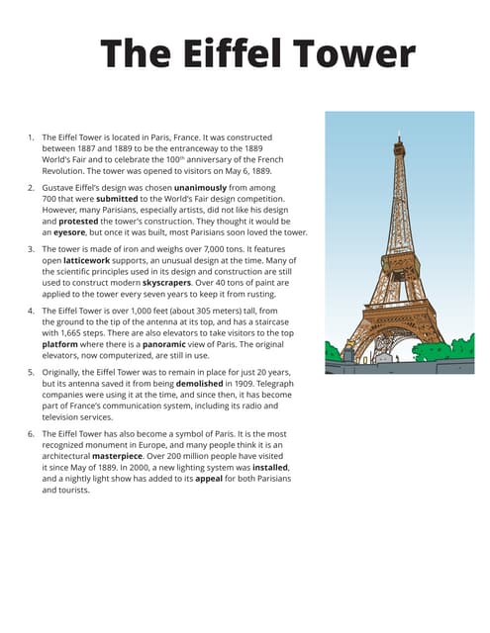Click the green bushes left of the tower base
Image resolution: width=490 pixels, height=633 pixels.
tap(333, 350)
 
